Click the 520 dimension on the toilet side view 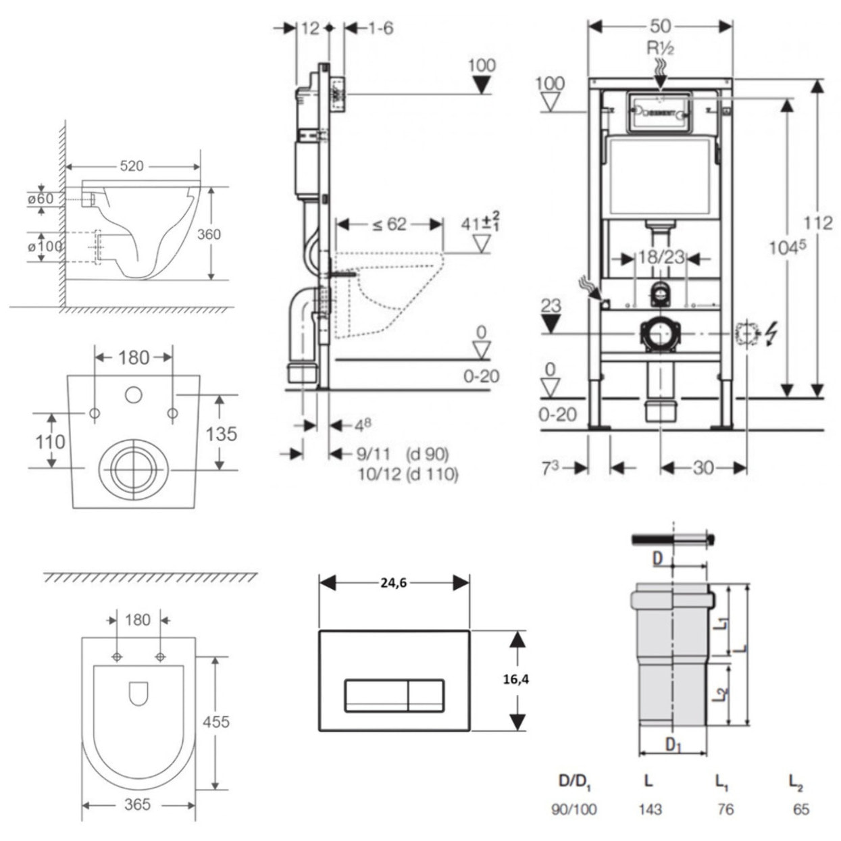(132, 165)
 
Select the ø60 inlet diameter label (41, 199)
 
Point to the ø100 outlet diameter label (45, 246)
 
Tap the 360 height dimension (209, 234)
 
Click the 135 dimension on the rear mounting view (222, 433)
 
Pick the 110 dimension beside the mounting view (50, 442)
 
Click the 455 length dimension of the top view (216, 721)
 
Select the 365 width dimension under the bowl (137, 805)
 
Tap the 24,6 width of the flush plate (393, 583)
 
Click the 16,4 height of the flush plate (516, 680)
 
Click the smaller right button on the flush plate (426, 695)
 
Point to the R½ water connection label (661, 48)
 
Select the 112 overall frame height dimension (818, 222)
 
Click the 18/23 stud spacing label (661, 257)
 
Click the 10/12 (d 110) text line (407, 474)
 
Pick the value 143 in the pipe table (650, 809)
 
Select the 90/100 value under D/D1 (574, 809)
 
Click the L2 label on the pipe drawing (722, 694)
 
